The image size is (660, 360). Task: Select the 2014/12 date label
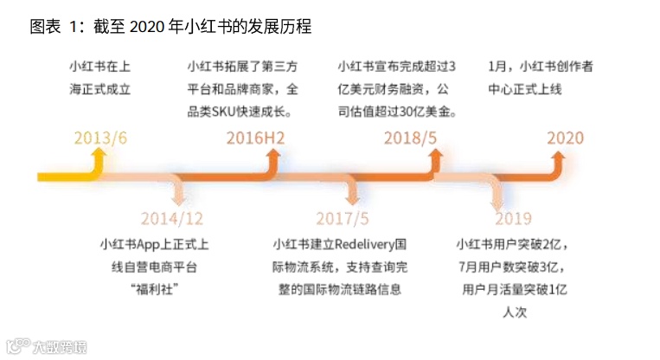click(x=172, y=218)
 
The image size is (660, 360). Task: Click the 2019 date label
click(x=513, y=218)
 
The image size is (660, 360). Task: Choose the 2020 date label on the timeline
click(x=565, y=138)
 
